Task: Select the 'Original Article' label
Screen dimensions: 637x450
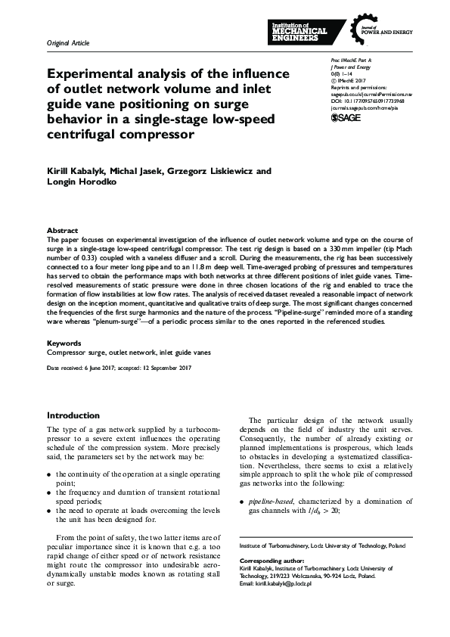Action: tap(68, 44)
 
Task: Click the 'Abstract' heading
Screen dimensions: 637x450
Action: tap(62, 231)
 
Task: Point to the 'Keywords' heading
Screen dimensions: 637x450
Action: tap(64, 343)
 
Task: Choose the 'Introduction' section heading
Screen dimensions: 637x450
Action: tap(73, 415)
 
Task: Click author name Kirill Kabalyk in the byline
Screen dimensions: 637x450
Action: tap(74, 172)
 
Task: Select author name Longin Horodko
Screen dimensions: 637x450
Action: tap(79, 183)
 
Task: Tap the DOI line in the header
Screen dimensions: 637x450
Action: tap(368, 99)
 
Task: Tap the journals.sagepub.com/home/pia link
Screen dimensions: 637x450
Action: tap(365, 107)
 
